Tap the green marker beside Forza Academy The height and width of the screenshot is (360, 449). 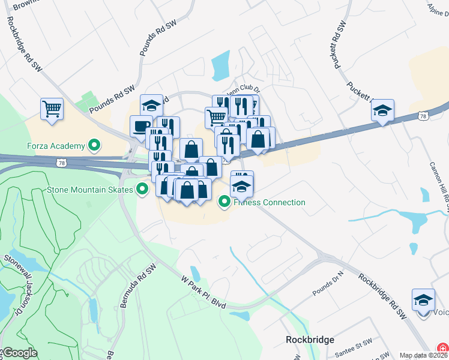pyautogui.click(x=94, y=145)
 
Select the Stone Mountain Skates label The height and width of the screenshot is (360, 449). pyautogui.click(x=89, y=190)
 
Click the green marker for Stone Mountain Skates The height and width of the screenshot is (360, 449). pyautogui.click(x=142, y=190)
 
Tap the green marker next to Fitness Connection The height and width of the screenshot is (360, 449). pyautogui.click(x=224, y=202)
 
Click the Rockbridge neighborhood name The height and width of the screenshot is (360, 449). pyautogui.click(x=310, y=340)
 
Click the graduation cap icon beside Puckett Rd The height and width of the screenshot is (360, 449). pyautogui.click(x=382, y=110)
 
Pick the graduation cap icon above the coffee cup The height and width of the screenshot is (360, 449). pyautogui.click(x=152, y=106)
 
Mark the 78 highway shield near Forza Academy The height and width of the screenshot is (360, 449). pyautogui.click(x=62, y=162)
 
